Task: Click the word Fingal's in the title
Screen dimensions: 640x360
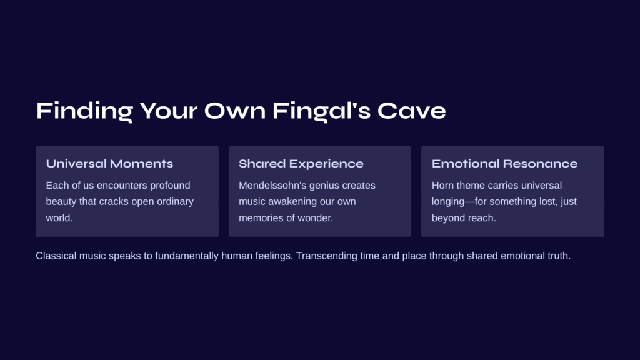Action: pos(321,111)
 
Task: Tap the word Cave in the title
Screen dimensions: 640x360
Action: pos(411,111)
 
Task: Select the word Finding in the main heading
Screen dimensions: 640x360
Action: pos(84,111)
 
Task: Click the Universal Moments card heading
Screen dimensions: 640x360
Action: pos(109,164)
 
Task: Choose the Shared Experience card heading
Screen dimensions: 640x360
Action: pos(301,164)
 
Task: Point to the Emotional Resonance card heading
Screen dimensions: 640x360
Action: pos(504,164)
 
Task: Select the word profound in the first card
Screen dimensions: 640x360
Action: pos(170,185)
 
